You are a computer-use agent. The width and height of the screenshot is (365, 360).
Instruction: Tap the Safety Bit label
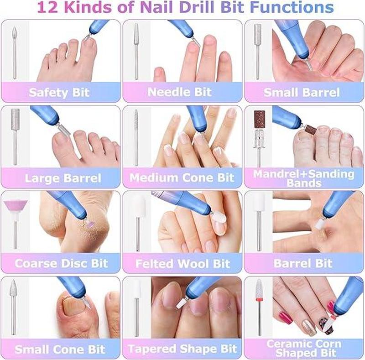tap(59, 93)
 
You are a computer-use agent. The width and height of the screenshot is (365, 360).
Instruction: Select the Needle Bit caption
tap(180, 92)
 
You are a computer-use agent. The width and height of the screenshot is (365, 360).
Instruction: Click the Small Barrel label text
tap(302, 93)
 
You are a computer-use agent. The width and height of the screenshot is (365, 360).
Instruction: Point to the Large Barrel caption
tap(63, 178)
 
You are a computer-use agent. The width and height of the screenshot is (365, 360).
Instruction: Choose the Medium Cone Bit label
tap(182, 178)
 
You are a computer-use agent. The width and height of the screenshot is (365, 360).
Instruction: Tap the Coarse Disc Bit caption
tap(61, 263)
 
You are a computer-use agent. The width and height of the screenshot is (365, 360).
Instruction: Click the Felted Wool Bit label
tap(183, 264)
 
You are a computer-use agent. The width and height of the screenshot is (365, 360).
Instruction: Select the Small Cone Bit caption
tap(60, 350)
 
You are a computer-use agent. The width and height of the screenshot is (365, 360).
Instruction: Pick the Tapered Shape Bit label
tap(182, 349)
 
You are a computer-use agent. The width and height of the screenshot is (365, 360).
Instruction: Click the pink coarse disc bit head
tap(16, 206)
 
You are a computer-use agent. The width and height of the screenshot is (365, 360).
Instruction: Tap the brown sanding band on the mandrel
tap(259, 119)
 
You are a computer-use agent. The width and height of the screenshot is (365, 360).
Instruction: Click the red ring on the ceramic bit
tap(259, 298)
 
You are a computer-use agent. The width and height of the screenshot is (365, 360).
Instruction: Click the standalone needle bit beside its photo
tap(136, 52)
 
